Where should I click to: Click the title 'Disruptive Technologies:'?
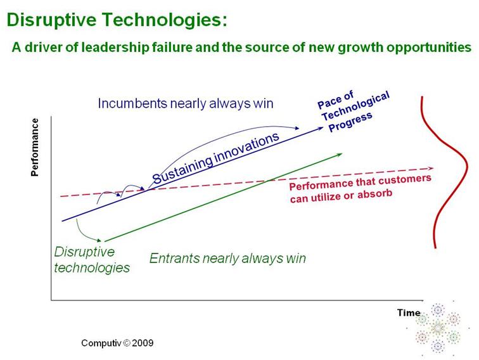117,20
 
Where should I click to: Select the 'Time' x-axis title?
409,312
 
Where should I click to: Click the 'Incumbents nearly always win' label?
186,103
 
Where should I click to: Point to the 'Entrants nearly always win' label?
227,258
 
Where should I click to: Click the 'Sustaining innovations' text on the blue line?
215,159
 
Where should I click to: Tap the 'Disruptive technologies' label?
92,259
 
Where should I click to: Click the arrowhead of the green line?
341,153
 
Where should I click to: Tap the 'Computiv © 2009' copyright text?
117,343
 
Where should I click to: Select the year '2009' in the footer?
141,343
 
